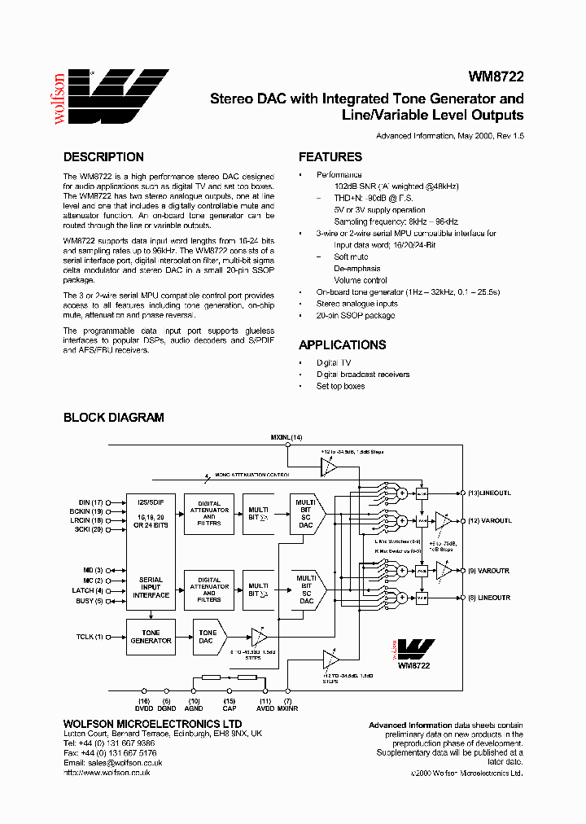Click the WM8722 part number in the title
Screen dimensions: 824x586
496,77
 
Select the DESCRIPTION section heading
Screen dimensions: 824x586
103,157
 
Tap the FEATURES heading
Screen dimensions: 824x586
330,157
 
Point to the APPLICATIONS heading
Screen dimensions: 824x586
342,344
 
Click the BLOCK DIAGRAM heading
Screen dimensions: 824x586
113,418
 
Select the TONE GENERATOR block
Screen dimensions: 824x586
151,637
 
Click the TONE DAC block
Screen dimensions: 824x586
208,637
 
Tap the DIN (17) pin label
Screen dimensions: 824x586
90,502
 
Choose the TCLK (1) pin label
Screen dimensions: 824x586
89,637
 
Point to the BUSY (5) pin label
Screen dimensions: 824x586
89,601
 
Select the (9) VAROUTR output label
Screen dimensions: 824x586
489,571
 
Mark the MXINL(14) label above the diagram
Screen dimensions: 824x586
286,438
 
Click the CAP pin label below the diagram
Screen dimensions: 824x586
230,708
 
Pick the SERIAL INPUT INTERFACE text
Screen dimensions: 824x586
151,587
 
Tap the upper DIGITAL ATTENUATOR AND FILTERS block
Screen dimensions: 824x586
209,516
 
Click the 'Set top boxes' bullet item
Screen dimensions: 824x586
340,386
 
